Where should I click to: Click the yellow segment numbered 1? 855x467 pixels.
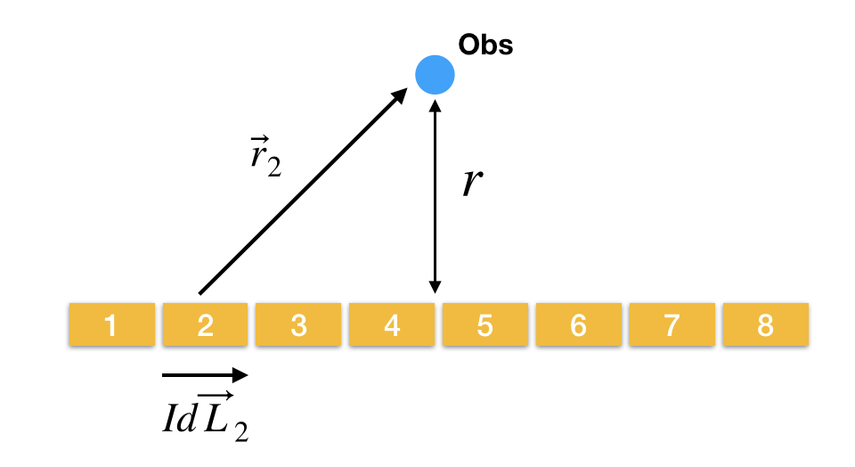110,325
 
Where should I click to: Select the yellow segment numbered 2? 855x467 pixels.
204,325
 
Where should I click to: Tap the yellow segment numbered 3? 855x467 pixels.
297,325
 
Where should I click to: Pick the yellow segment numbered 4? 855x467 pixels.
391,325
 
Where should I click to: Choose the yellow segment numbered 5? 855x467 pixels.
484,325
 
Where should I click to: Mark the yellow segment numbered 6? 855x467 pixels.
578,325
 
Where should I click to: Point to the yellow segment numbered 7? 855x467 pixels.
672,325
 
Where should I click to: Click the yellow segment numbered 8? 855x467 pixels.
765,325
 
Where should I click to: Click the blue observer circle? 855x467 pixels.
435,74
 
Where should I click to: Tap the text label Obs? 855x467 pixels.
485,45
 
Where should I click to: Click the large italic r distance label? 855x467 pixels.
473,183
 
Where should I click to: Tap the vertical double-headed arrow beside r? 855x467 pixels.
435,196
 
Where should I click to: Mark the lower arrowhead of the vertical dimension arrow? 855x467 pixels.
435,287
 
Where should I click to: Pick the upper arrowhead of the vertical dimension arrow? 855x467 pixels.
435,105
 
